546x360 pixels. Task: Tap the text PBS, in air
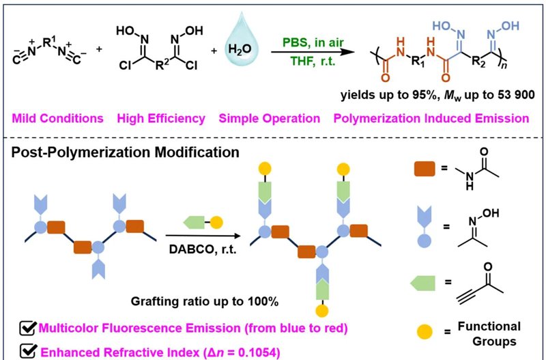pos(313,42)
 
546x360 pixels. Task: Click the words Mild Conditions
pos(58,118)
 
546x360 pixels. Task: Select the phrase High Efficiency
pos(161,118)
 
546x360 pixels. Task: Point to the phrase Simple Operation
pos(270,118)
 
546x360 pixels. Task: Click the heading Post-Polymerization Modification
pos(126,152)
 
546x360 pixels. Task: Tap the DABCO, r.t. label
pos(203,249)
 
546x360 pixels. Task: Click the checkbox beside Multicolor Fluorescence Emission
pos(28,328)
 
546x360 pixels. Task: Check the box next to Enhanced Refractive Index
pos(29,352)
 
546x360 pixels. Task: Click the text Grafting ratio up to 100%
pos(205,301)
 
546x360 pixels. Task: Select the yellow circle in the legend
pos(424,332)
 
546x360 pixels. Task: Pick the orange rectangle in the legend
pos(425,169)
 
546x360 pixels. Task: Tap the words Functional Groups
pos(489,334)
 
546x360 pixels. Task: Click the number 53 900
pos(516,95)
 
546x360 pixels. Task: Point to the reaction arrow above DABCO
pos(203,236)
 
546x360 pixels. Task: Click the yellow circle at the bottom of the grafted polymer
pos(321,311)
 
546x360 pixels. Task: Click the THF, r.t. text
pos(313,61)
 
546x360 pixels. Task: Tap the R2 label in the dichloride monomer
pos(162,64)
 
